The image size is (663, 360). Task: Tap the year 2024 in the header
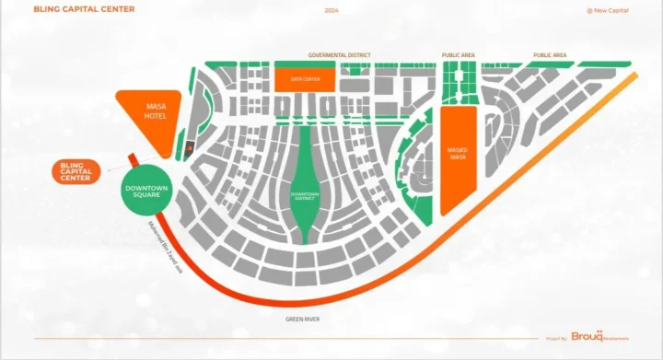tap(331, 10)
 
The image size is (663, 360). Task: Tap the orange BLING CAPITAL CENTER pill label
tap(76, 171)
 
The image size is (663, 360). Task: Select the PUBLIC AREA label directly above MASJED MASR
tap(459, 55)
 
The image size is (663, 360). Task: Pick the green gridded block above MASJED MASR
tap(458, 83)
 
